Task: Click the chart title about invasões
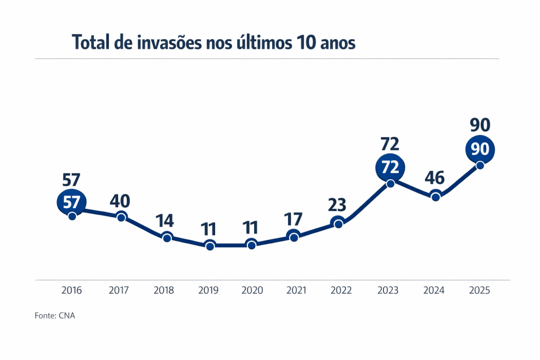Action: click(x=214, y=42)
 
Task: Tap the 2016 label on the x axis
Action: click(x=72, y=290)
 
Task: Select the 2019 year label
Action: click(x=210, y=290)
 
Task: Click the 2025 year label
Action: click(x=479, y=290)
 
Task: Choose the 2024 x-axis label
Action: click(x=434, y=290)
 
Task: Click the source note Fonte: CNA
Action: click(x=51, y=316)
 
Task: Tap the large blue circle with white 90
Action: click(x=480, y=149)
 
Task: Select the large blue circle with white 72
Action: click(x=390, y=168)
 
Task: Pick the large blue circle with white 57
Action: click(x=71, y=202)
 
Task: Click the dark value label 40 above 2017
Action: click(x=120, y=201)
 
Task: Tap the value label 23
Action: click(x=337, y=204)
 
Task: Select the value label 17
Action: click(x=294, y=219)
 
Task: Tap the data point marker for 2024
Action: click(x=436, y=197)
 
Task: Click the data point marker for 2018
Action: click(x=167, y=238)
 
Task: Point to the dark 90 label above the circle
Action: click(x=480, y=125)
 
